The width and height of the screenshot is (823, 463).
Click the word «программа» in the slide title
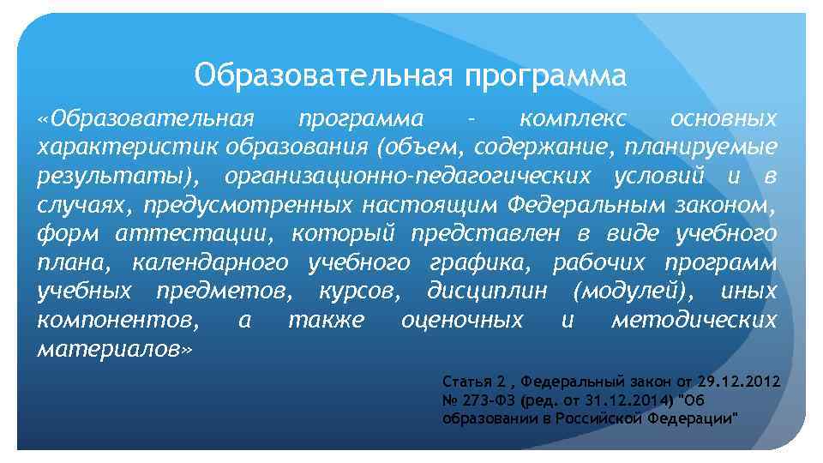pos(545,76)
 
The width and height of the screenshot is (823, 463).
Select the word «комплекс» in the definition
pos(574,117)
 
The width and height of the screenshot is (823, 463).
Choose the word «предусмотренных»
pos(248,204)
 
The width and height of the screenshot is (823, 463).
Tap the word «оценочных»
pos(462,321)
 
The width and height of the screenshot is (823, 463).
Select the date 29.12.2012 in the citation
pos(738,381)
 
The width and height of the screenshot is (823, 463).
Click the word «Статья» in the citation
pos(466,381)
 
